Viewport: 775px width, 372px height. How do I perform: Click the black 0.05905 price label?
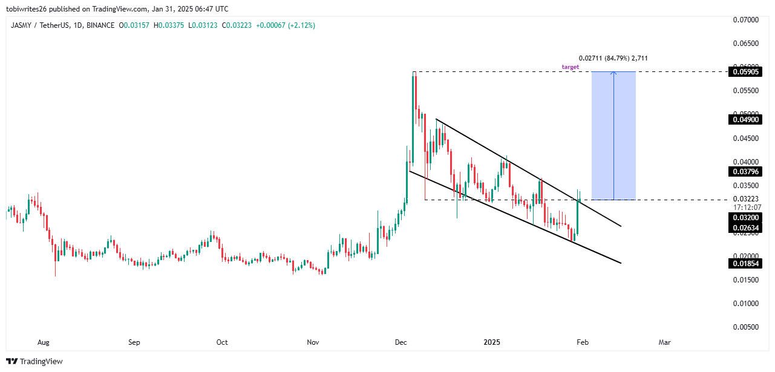click(x=744, y=71)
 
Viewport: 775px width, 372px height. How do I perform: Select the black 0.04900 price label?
click(x=744, y=120)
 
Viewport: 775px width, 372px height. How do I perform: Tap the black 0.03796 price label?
click(x=744, y=172)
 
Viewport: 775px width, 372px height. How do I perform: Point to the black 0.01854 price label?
click(x=744, y=263)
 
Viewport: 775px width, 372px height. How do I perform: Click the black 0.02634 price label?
click(x=744, y=227)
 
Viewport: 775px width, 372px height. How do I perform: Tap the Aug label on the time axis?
click(x=43, y=342)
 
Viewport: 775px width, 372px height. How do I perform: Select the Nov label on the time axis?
click(x=313, y=342)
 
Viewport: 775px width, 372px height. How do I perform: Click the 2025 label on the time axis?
click(x=492, y=342)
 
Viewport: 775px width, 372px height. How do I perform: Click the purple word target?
click(x=570, y=67)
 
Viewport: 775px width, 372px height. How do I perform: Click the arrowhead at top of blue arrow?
click(x=613, y=73)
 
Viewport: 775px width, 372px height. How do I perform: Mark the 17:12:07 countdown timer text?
click(x=744, y=207)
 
